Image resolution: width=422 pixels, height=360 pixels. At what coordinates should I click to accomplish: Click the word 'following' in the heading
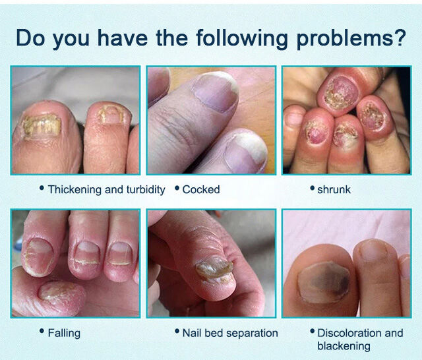(x=242, y=38)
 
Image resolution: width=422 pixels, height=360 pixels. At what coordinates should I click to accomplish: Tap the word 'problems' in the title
(x=343, y=38)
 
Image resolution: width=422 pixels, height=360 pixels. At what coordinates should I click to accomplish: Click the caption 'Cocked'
(x=201, y=189)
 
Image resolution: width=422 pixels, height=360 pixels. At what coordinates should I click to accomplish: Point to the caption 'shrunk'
(x=334, y=189)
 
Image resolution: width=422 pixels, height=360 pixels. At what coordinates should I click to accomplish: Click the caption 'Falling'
(x=64, y=334)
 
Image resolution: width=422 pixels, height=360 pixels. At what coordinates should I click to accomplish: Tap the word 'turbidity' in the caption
(x=146, y=190)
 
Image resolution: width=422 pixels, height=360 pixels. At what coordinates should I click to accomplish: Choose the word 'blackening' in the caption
(x=344, y=346)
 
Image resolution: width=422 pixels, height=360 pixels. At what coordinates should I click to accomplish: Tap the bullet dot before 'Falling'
(x=42, y=331)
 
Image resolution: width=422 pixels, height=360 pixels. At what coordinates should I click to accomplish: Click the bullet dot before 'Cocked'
(x=177, y=187)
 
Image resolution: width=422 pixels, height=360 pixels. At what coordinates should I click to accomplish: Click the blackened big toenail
(x=324, y=282)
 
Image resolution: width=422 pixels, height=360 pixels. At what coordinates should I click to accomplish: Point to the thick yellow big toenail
(x=42, y=125)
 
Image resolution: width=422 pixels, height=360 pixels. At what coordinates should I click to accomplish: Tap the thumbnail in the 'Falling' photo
(x=55, y=291)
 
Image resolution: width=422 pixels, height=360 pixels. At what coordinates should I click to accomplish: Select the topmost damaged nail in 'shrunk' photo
(x=341, y=92)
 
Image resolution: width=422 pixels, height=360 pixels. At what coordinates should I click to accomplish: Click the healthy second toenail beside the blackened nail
(x=373, y=251)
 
